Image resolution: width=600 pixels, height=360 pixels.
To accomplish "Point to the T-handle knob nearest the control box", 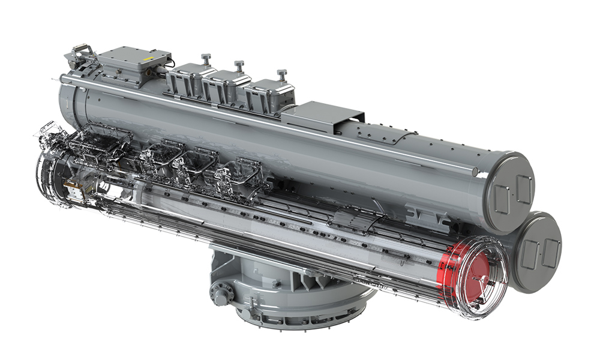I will point(206,58).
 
